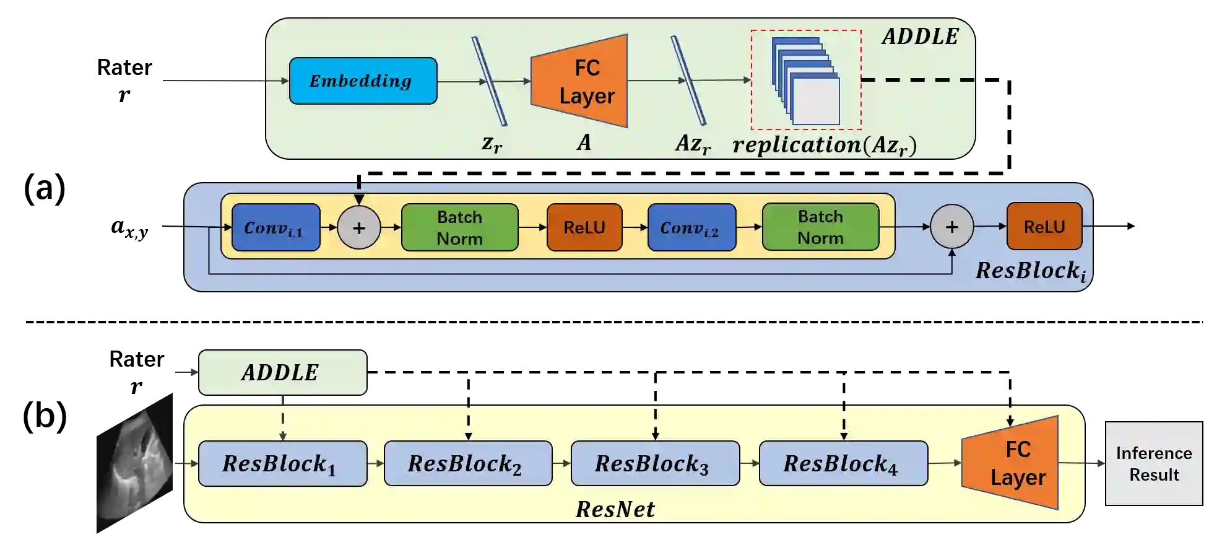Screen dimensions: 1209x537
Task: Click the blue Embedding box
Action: pos(363,81)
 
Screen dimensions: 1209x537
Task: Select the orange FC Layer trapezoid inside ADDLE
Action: pos(579,81)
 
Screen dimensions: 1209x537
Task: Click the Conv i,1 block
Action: pos(276,227)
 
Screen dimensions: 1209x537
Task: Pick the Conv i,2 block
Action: pos(692,227)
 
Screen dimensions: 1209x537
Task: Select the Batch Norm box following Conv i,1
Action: pos(460,227)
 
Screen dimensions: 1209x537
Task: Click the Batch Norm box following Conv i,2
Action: pos(821,227)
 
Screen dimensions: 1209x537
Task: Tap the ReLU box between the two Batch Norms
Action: pos(584,227)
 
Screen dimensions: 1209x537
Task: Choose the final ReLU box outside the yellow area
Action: pos(1045,226)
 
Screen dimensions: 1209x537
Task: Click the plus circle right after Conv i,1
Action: pos(359,227)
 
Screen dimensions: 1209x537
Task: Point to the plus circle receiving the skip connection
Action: pos(952,227)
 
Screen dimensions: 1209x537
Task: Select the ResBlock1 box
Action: pos(283,463)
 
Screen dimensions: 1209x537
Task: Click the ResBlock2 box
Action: pos(469,463)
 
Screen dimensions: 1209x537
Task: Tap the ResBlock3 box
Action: pos(656,463)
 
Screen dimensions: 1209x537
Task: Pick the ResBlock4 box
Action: pos(844,463)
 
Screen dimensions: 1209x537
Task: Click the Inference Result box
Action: pos(1155,464)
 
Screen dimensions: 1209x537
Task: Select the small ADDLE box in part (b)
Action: pos(283,372)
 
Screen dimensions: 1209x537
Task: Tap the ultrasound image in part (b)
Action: pos(135,463)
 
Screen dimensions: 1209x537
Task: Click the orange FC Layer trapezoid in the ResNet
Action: pos(1010,463)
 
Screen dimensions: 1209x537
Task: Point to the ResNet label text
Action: pos(615,509)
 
